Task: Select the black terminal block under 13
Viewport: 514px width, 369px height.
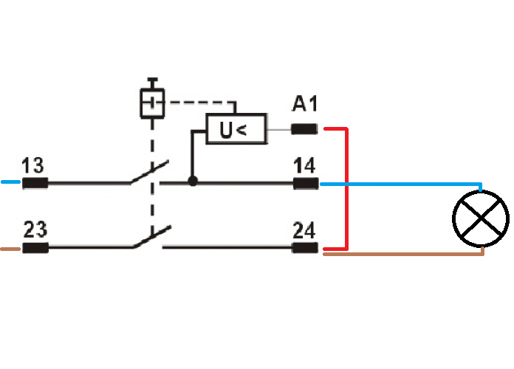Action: tap(34, 183)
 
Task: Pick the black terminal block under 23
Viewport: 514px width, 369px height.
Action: tap(34, 248)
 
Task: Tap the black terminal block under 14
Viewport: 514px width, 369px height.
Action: tap(306, 183)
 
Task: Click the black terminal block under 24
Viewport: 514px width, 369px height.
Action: tap(306, 248)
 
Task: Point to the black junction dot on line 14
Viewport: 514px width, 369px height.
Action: tap(193, 181)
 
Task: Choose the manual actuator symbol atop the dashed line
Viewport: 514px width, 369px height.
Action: tap(152, 103)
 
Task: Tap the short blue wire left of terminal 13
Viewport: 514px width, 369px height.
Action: tap(10, 182)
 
